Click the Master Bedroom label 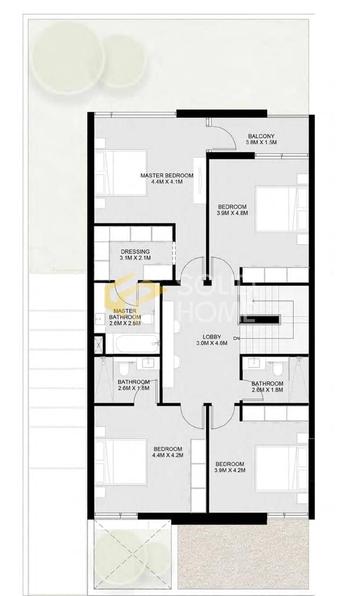tap(167, 176)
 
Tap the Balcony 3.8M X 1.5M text tap(261, 139)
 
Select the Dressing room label tap(135, 251)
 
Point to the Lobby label tap(212, 337)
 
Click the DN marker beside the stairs tap(236, 339)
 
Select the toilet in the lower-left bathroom tap(123, 369)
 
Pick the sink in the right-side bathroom tap(255, 362)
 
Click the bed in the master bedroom tap(121, 172)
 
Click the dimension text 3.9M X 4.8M tap(233, 213)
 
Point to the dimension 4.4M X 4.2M tap(168, 455)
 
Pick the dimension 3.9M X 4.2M tap(230, 470)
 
